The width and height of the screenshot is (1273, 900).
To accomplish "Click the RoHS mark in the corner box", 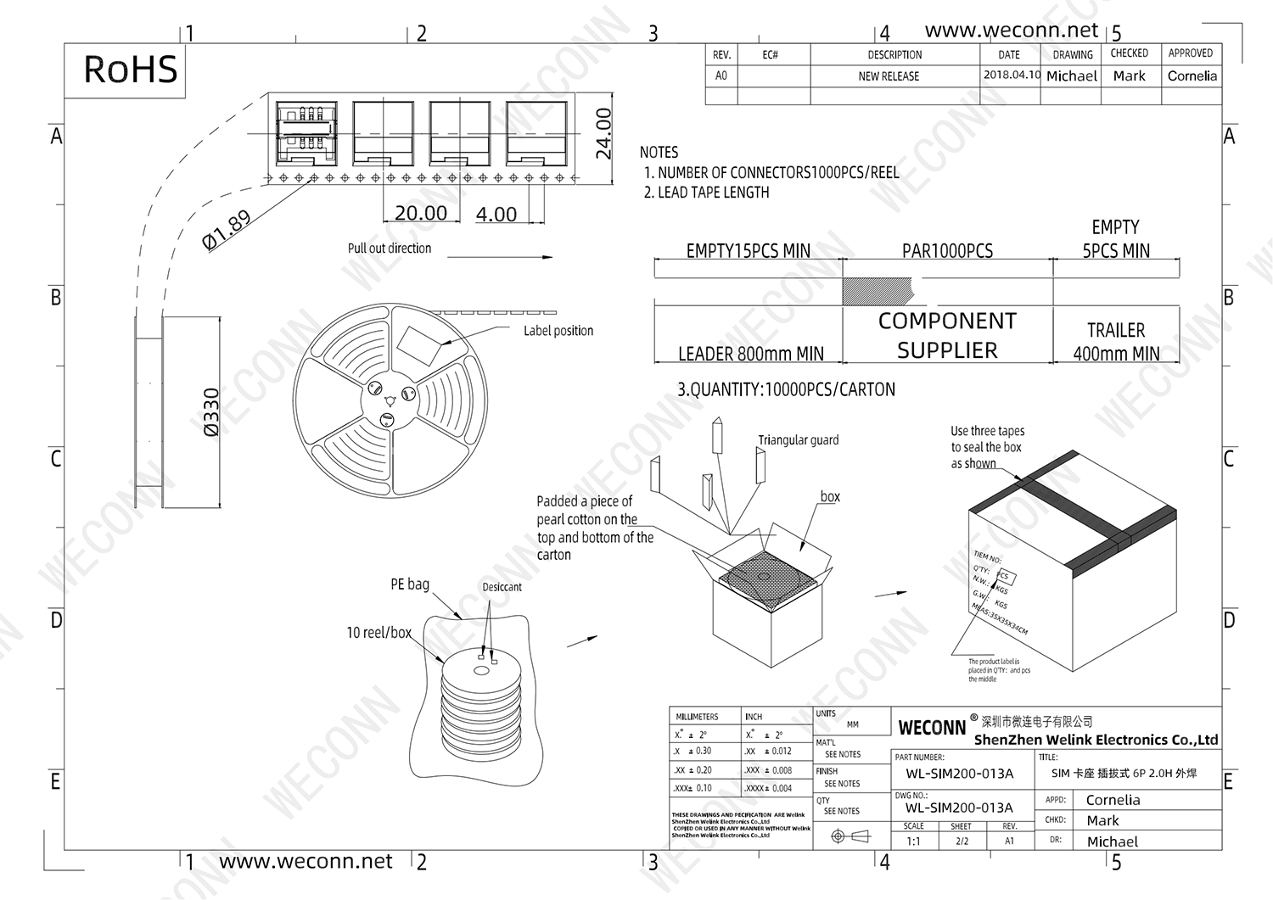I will tap(131, 70).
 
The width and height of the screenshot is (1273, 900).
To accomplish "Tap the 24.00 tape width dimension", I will tap(603, 133).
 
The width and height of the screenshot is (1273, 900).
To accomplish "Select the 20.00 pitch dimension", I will tap(421, 213).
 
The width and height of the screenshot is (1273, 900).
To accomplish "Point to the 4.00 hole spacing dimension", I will tap(496, 215).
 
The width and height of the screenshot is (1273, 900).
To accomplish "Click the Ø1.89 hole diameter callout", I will tap(227, 230).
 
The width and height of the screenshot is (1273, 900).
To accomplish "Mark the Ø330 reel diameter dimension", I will tap(211, 412).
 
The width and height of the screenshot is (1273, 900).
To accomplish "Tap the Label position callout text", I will tap(558, 331).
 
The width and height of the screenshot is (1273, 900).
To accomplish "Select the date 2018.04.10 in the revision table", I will tap(1012, 75).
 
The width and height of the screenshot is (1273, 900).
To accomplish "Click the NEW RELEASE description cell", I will tap(889, 76).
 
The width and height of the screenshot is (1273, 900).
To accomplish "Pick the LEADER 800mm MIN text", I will tap(750, 354).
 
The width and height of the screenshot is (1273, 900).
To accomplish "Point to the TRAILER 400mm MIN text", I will tap(1116, 342).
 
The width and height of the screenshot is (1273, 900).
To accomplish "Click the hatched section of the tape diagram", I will tap(876, 291).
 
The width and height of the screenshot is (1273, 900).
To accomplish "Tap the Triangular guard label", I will tap(798, 440).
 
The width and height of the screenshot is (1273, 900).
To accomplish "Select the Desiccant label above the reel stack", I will tap(502, 587).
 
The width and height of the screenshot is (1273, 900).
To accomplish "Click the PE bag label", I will tap(410, 584).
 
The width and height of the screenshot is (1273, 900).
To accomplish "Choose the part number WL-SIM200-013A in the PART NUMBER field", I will tap(959, 774).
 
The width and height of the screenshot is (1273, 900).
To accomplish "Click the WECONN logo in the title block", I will tap(932, 728).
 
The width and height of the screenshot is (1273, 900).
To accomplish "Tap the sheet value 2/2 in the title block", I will tap(962, 841).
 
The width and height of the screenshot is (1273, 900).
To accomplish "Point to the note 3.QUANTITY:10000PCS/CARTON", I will tap(786, 390).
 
